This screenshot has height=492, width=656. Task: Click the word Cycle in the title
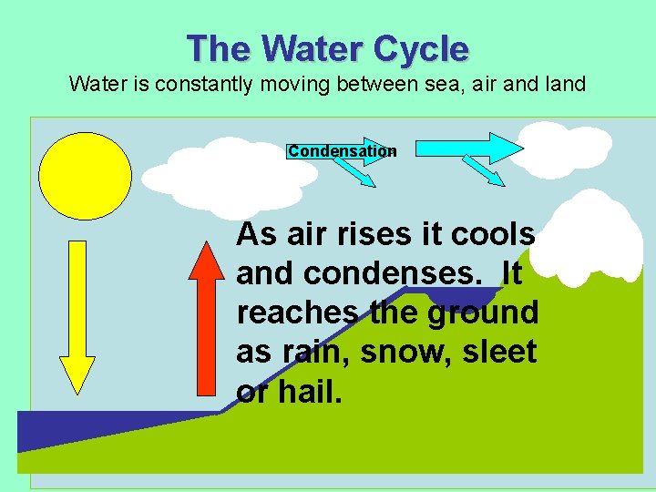click(x=415, y=48)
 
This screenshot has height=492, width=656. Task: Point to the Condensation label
click(x=342, y=151)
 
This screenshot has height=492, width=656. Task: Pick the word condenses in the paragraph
click(x=387, y=273)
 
